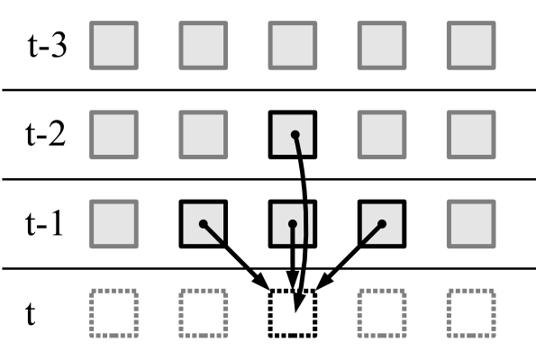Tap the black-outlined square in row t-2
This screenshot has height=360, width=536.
click(x=293, y=135)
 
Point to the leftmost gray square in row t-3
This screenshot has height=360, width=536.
click(x=114, y=45)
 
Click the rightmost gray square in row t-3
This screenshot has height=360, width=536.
click(x=471, y=45)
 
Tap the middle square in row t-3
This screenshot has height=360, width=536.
click(x=293, y=45)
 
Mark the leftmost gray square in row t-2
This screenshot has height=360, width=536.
click(x=114, y=135)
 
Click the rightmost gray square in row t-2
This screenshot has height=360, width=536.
click(x=471, y=135)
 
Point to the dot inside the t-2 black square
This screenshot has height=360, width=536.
click(x=295, y=136)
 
